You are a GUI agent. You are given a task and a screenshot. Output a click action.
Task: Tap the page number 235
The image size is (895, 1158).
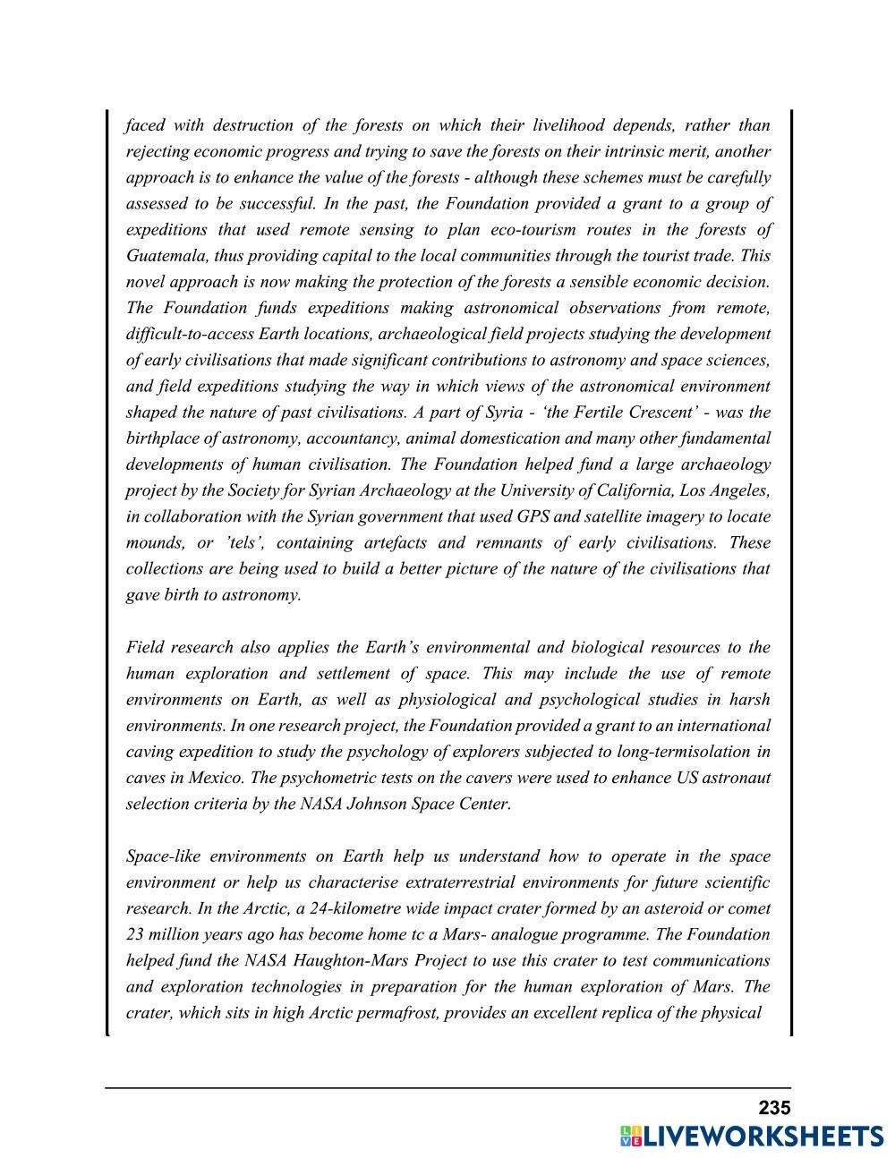774,1108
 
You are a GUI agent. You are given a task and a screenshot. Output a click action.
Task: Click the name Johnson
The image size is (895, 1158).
371,804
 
